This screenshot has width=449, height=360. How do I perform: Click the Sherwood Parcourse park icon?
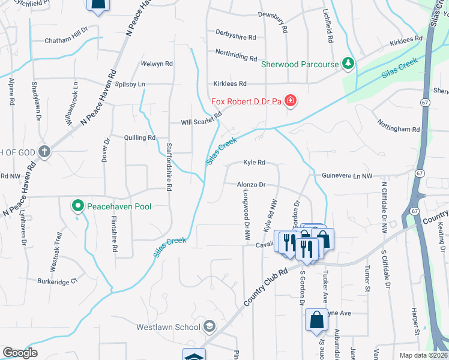347,63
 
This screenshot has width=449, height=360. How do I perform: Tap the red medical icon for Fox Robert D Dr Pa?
291,100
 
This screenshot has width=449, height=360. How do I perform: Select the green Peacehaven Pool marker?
77,206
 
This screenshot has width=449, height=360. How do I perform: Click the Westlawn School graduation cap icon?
209,326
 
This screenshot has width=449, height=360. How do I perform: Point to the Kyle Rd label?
254,163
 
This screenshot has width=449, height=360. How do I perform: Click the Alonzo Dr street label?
252,185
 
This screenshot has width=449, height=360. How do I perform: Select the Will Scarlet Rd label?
202,118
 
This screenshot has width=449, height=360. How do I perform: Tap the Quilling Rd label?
139,138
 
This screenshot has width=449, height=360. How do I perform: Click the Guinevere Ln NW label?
347,176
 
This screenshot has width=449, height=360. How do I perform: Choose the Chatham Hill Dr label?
67,41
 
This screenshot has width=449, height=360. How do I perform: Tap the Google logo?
20,353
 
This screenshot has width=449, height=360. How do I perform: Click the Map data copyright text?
423,355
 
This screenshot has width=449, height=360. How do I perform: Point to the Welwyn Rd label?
157,64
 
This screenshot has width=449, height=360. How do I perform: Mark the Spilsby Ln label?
130,84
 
